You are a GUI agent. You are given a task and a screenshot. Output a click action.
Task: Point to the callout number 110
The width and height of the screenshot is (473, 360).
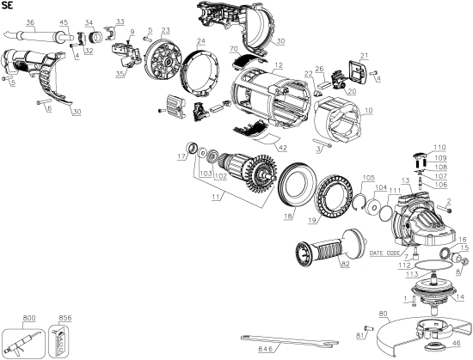click(x=439, y=147)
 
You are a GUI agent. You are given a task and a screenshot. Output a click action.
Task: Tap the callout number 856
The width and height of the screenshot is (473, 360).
click(x=63, y=317)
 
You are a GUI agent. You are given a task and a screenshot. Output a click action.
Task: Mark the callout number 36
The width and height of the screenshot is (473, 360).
click(x=30, y=21)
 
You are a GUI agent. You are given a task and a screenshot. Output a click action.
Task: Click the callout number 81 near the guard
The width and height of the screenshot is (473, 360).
click(x=360, y=334)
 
